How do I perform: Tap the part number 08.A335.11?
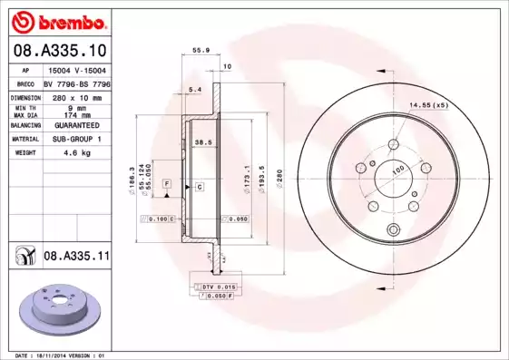pos(77,257)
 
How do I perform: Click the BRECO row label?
pos(25,83)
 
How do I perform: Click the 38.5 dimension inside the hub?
pos(203,142)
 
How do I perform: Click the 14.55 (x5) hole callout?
pos(428,106)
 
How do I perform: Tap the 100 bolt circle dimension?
pos(396,170)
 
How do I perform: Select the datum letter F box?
pos(167,184)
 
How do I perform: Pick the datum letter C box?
pos(199,186)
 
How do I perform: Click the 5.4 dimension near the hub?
pos(193,89)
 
